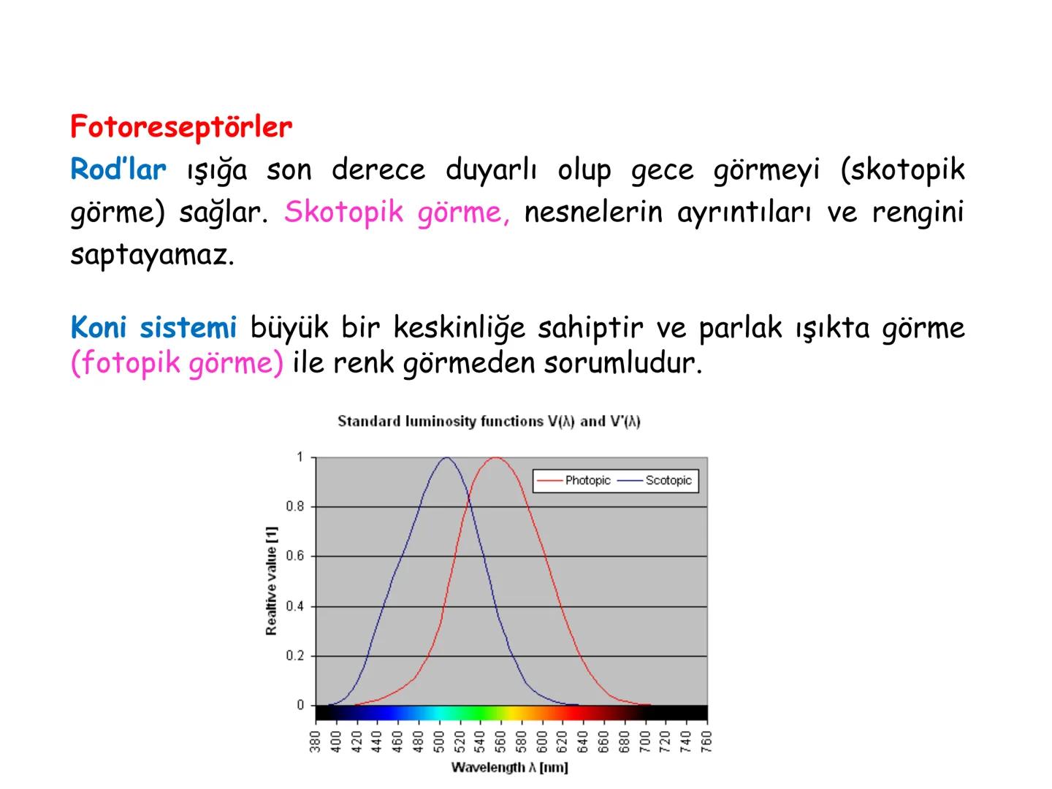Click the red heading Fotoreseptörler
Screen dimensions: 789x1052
pyautogui.click(x=181, y=127)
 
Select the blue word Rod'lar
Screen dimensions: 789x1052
pyautogui.click(x=118, y=170)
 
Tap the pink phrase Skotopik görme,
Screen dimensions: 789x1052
pyautogui.click(x=397, y=213)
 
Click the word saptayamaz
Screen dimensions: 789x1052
pyautogui.click(x=152, y=255)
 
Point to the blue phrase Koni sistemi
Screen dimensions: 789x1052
pyautogui.click(x=153, y=328)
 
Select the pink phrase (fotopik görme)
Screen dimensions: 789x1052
pyautogui.click(x=177, y=363)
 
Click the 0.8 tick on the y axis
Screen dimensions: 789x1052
pyautogui.click(x=295, y=506)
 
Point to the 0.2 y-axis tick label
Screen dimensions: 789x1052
pyautogui.click(x=295, y=656)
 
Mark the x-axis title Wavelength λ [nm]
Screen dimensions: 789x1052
pyautogui.click(x=510, y=767)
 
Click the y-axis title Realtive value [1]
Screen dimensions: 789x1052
pyautogui.click(x=272, y=581)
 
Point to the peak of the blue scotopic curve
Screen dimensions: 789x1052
pyautogui.click(x=446, y=458)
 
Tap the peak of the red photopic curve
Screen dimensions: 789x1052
pyautogui.click(x=496, y=458)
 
